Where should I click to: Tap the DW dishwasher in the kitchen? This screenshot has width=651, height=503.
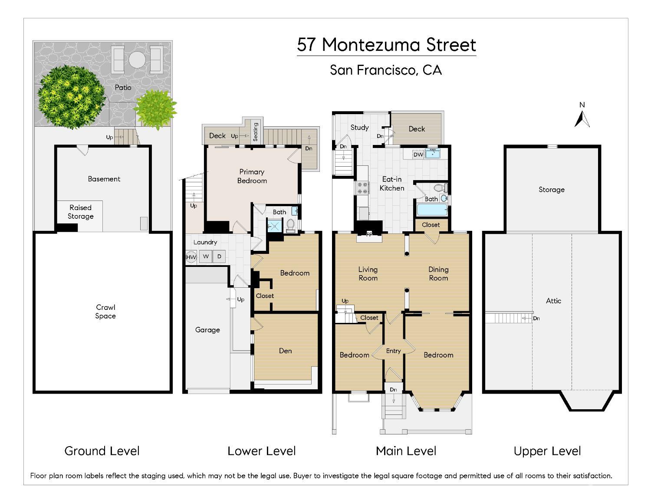tap(418, 155)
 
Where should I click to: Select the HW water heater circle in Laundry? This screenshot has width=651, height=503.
tap(191, 256)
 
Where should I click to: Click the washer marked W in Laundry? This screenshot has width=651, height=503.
tap(206, 256)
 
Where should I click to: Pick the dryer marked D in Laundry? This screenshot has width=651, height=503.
tap(220, 256)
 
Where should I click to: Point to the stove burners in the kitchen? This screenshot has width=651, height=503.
tap(362, 187)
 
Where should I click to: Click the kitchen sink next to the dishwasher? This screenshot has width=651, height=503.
tap(432, 154)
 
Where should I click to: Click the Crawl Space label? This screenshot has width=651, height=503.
tap(105, 312)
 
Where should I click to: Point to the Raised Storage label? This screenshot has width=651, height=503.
tap(80, 212)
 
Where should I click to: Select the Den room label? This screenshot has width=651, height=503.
tap(285, 351)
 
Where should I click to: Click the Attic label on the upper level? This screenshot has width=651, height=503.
tap(553, 300)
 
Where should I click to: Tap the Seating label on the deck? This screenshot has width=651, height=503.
tap(256, 132)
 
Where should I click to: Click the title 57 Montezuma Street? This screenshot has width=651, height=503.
tap(386, 45)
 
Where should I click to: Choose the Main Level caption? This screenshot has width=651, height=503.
tap(406, 451)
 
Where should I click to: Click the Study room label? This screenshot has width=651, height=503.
tap(359, 127)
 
